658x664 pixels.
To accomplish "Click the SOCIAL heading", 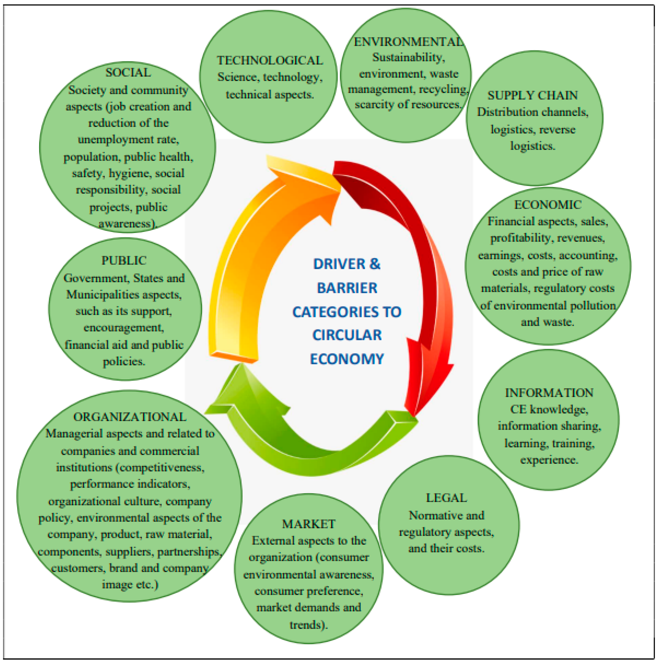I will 128,72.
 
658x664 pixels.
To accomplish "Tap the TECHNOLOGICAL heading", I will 270,60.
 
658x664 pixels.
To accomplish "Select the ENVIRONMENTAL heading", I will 408,42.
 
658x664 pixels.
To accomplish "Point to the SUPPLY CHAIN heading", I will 533,95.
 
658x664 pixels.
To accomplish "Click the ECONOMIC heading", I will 548,205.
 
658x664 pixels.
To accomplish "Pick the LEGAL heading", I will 446,498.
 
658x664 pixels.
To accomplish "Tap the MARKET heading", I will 309,524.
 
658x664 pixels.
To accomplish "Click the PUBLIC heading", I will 124,261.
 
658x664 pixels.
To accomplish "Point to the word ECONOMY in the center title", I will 347,359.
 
